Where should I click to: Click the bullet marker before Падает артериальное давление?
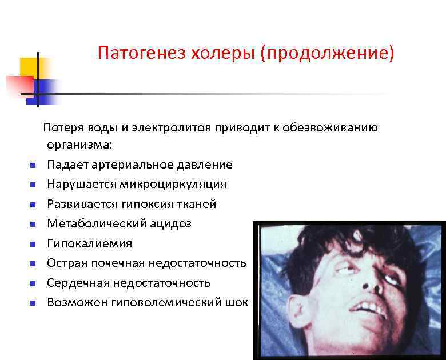pos(33,166)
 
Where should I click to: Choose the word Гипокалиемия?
pos(89,243)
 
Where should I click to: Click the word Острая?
pos(67,263)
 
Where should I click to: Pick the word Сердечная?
pos(75,282)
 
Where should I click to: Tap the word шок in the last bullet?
pos(237,302)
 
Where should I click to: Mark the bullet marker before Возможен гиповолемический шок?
pos(33,303)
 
